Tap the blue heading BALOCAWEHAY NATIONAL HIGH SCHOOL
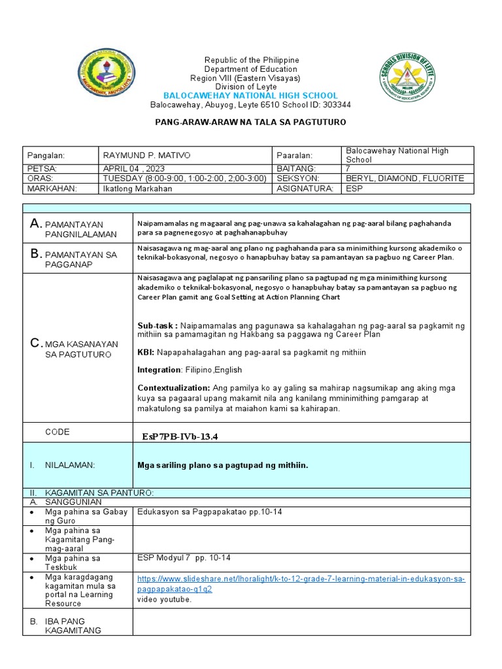[x=250, y=95]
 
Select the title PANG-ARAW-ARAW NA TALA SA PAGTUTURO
[x=250, y=122]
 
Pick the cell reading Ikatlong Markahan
[x=137, y=188]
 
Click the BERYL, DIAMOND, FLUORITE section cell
[x=405, y=178]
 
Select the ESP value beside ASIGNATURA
[x=354, y=188]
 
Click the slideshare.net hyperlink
[x=301, y=584]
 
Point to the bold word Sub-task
[x=156, y=325]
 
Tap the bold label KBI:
[x=146, y=352]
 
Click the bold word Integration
[x=159, y=370]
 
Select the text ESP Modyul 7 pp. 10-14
[x=184, y=557]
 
